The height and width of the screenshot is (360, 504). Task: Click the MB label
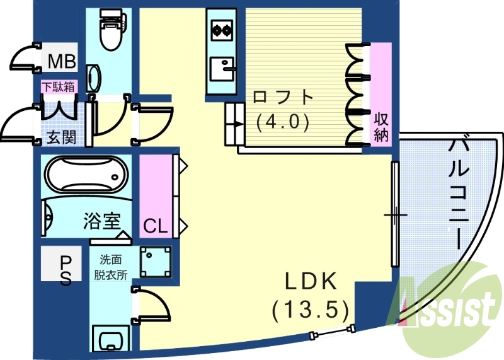[x=62, y=61]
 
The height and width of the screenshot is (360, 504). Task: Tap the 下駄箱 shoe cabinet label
[x=59, y=87]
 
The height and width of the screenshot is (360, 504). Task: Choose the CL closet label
[x=156, y=226]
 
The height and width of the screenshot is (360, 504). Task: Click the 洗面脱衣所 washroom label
[x=111, y=267]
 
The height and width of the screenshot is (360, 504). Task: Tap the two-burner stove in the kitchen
[x=222, y=28]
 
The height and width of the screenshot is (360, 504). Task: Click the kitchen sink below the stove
[x=222, y=68]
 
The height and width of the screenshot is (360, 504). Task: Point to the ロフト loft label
[x=283, y=98]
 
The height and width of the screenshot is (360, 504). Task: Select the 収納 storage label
[x=381, y=126]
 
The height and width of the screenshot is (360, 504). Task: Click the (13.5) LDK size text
[x=311, y=310]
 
